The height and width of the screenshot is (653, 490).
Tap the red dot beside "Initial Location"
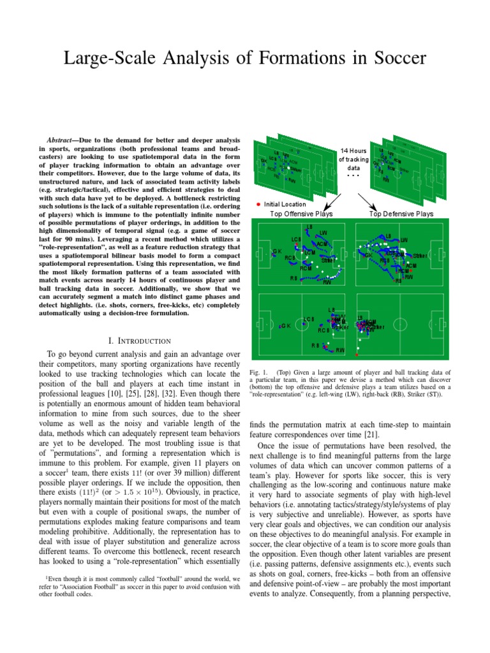[x=258, y=204]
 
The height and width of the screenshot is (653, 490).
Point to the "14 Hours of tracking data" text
[x=353, y=159]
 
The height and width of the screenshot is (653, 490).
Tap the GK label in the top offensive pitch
[x=277, y=251]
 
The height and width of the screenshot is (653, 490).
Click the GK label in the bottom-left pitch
[x=285, y=326]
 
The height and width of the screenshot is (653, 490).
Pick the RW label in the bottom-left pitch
[x=340, y=350]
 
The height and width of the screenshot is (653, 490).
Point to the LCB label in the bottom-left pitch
[x=309, y=319]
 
